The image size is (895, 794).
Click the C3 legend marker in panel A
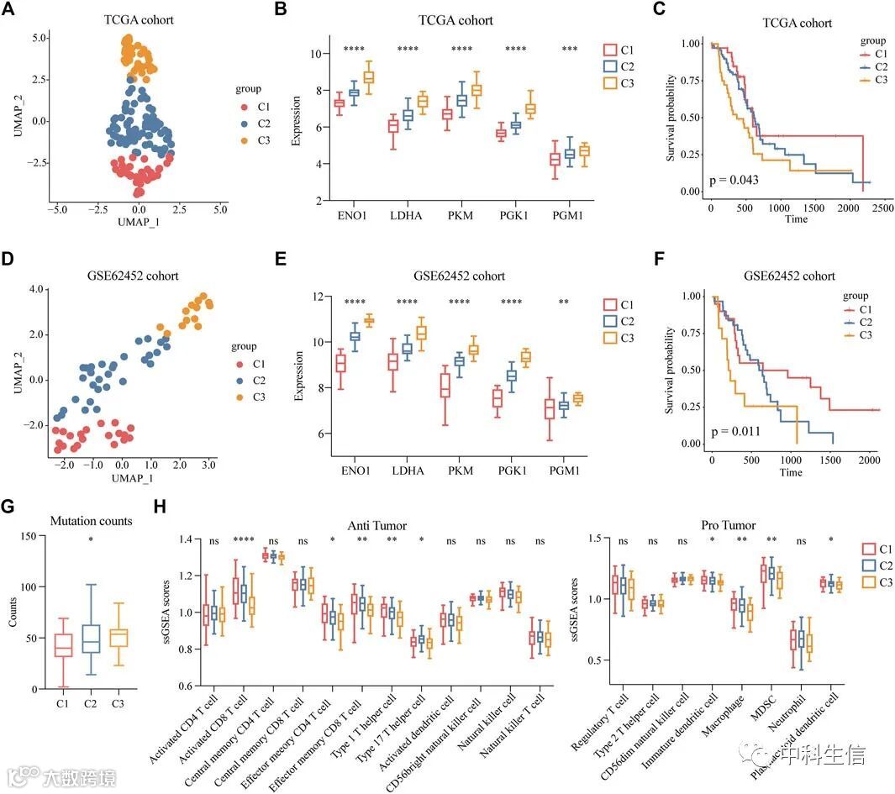[x=245, y=140]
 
